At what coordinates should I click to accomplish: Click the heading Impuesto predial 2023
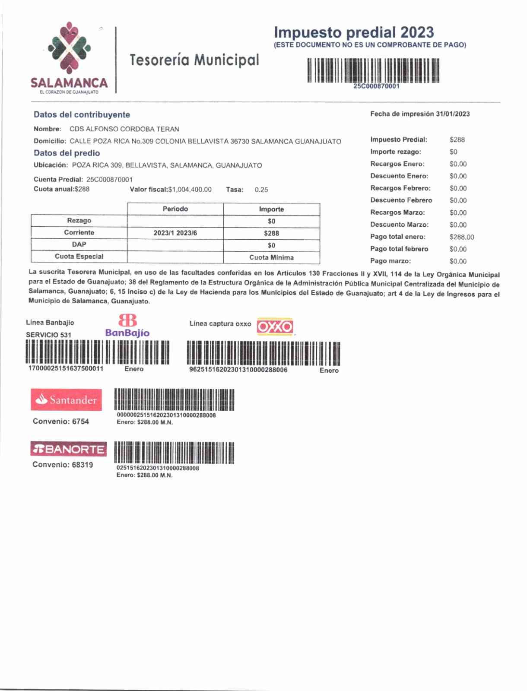(x=353, y=32)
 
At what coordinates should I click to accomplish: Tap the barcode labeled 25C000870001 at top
(x=373, y=70)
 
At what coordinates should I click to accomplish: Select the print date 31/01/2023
(x=453, y=114)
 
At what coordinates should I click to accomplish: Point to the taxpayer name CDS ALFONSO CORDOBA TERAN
(x=124, y=129)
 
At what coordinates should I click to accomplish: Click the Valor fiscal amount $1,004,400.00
(x=190, y=190)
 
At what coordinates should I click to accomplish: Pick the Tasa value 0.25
(x=261, y=190)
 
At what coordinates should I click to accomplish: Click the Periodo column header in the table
(x=175, y=209)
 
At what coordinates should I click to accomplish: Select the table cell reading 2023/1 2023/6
(x=175, y=233)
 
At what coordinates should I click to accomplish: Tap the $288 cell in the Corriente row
(x=271, y=233)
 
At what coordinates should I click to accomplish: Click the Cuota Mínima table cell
(x=271, y=257)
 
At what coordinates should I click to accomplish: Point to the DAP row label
(x=79, y=244)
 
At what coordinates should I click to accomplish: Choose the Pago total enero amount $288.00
(x=461, y=237)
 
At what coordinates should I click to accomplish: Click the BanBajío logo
(x=127, y=326)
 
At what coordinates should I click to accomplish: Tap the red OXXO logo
(x=275, y=326)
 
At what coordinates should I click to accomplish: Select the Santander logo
(x=67, y=399)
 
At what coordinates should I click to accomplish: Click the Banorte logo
(x=68, y=449)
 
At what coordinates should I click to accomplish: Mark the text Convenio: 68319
(x=63, y=465)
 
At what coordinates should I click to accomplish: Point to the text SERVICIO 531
(x=48, y=335)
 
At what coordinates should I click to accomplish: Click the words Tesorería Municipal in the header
(x=194, y=60)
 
